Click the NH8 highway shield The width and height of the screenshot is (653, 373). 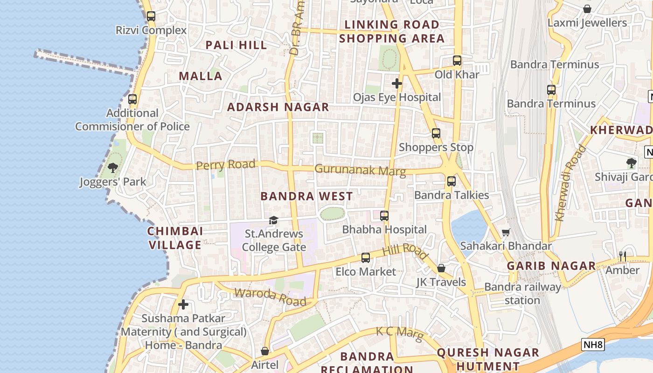[593, 345]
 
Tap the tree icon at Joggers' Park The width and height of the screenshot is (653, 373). [112, 167]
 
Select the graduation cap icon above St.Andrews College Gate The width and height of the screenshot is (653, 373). [273, 220]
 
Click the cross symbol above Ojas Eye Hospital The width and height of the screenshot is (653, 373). [397, 83]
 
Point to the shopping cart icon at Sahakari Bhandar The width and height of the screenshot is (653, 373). [506, 232]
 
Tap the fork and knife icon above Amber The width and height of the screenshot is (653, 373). [622, 256]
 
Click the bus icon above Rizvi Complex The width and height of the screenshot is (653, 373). [151, 16]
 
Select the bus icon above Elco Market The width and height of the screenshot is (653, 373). [366, 258]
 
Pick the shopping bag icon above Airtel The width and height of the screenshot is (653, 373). [265, 351]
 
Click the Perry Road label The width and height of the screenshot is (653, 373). [226, 165]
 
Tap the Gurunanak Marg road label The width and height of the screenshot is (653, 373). [360, 170]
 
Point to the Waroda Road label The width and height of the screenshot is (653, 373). [270, 297]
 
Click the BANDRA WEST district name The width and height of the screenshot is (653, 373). [306, 196]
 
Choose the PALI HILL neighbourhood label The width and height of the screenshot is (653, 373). [236, 45]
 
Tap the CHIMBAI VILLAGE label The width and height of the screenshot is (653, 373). [175, 238]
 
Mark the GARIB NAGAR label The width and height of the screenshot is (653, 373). [551, 266]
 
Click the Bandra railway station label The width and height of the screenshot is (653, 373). [522, 293]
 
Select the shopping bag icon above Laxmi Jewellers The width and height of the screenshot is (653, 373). [587, 9]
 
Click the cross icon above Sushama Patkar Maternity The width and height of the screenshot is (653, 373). [183, 305]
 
